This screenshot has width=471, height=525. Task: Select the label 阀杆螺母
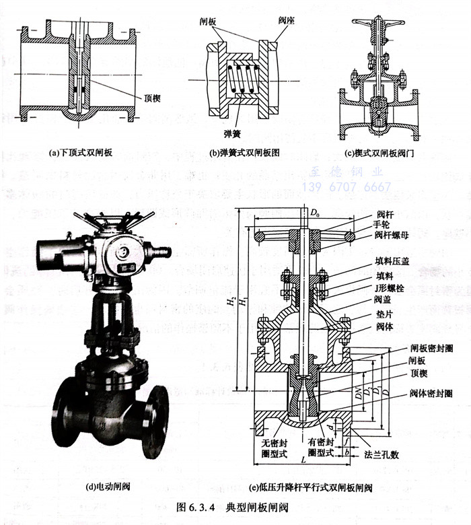tap(387, 238)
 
